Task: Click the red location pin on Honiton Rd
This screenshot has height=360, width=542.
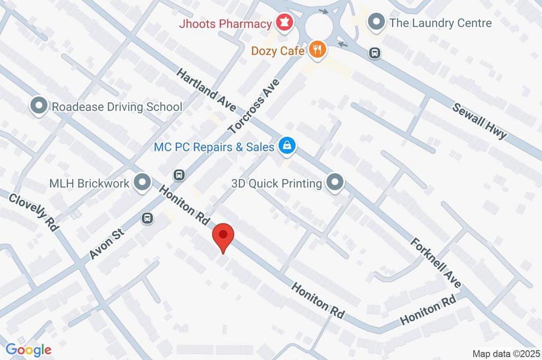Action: [223, 237]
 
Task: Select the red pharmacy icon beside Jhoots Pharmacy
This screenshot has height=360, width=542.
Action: [284, 23]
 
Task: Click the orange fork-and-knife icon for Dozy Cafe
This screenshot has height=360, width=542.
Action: [317, 50]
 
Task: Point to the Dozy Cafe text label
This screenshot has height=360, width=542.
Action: [278, 51]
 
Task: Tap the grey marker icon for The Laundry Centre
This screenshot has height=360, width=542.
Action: [376, 23]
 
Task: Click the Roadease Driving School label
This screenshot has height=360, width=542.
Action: [116, 107]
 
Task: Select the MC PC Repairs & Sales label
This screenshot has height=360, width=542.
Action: [214, 147]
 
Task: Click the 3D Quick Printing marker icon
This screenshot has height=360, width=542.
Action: [335, 183]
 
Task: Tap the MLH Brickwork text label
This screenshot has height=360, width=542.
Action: [89, 183]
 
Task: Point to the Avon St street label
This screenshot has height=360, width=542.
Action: [107, 243]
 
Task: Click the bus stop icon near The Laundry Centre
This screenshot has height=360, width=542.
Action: [375, 53]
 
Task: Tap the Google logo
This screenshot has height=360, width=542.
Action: [29, 349]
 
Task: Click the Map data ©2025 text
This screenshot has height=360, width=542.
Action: [505, 354]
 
